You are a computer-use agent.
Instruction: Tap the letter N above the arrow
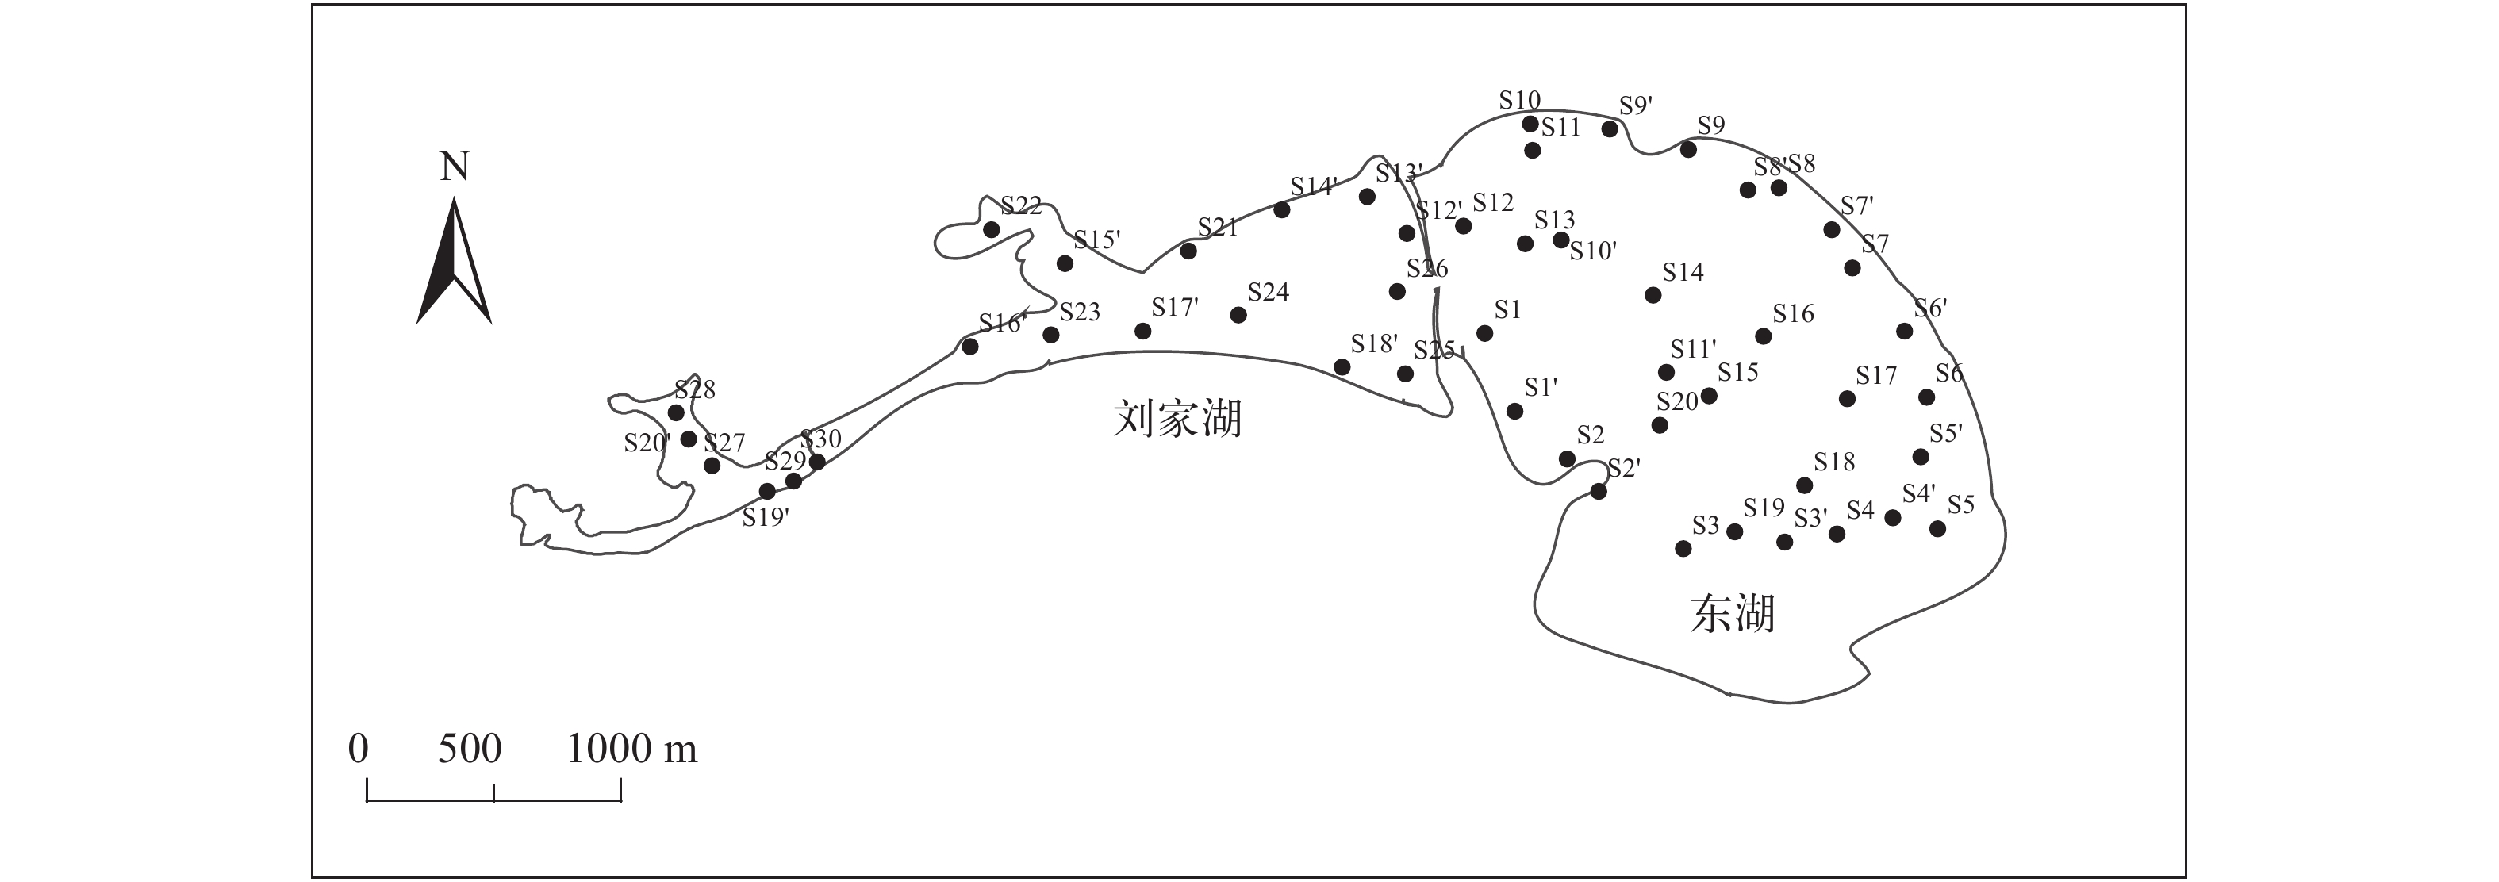[x=454, y=167]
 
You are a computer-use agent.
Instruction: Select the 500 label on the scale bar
[x=470, y=749]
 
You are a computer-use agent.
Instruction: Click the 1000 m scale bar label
[x=631, y=749]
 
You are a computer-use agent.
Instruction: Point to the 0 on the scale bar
[x=358, y=749]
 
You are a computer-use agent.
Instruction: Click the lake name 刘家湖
[x=1177, y=419]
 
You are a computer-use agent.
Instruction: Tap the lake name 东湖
[x=1732, y=614]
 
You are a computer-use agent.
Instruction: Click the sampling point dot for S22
[x=992, y=230]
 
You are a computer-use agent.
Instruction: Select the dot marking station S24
[x=1238, y=314]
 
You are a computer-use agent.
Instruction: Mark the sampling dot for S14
[x=1653, y=295]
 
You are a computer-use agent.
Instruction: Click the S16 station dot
[x=1764, y=336]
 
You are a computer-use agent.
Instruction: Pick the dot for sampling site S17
[x=1847, y=399]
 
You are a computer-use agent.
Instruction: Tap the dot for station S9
[x=1688, y=149]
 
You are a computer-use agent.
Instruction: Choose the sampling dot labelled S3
[x=1683, y=549]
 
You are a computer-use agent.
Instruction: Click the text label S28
[x=695, y=390]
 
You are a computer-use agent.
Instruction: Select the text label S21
[x=1218, y=227]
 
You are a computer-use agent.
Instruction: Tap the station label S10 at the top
[x=1519, y=100]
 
